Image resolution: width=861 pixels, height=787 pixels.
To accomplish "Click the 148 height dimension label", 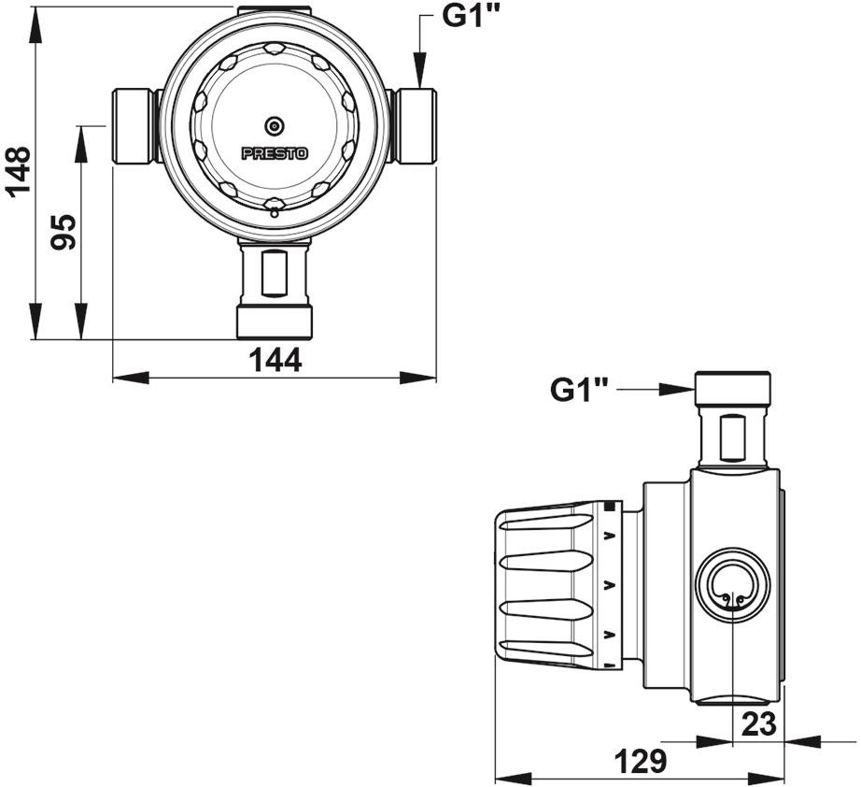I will click(x=19, y=172).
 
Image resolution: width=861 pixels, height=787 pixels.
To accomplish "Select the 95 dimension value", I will click(x=64, y=232).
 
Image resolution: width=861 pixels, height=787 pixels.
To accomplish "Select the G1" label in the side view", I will click(x=580, y=389).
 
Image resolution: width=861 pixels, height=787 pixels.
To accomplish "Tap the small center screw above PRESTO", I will click(x=275, y=126).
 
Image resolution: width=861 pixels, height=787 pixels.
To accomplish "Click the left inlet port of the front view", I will click(x=134, y=127).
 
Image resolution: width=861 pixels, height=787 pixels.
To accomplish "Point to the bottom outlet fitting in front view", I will click(x=275, y=290).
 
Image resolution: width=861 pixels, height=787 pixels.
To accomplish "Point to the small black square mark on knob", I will click(x=612, y=508).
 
